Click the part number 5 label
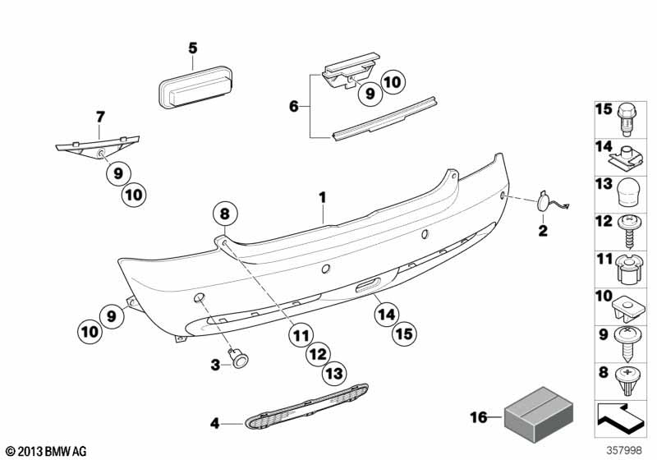pyautogui.click(x=192, y=48)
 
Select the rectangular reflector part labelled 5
pyautogui.click(x=195, y=87)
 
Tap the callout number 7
pyautogui.click(x=100, y=117)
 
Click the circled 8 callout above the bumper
pyautogui.click(x=225, y=214)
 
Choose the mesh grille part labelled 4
pyautogui.click(x=306, y=407)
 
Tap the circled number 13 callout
pyautogui.click(x=334, y=373)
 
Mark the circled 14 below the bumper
pyautogui.click(x=387, y=315)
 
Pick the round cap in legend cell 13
pyautogui.click(x=627, y=193)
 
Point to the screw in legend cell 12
pyautogui.click(x=627, y=232)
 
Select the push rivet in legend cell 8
pyautogui.click(x=627, y=381)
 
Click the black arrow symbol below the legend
pyautogui.click(x=619, y=420)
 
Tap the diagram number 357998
pyautogui.click(x=624, y=450)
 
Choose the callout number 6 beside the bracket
pyautogui.click(x=294, y=107)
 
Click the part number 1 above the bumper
pyautogui.click(x=322, y=197)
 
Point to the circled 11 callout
pyautogui.click(x=301, y=336)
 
